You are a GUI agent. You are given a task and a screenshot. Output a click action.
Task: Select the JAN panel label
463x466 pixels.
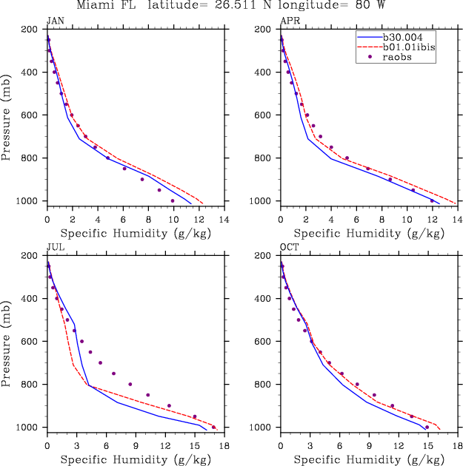coord(55,21)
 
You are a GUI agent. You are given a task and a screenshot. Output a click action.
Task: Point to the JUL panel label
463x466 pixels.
coord(55,248)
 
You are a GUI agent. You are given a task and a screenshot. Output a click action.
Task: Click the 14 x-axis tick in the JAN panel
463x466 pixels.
coord(223,220)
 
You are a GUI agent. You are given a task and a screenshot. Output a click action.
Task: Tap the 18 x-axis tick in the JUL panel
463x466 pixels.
coord(223,446)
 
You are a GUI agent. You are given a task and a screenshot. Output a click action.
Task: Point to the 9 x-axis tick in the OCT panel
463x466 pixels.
coord(368,446)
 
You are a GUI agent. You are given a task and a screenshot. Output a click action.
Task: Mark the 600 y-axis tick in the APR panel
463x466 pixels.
coord(263,115)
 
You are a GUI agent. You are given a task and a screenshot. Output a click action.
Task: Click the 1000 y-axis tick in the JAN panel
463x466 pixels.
coord(27,201)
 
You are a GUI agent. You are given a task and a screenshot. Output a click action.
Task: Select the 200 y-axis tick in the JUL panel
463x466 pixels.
coord(30,256)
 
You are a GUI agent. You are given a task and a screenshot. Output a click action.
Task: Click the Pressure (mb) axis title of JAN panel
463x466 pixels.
coord(7,115)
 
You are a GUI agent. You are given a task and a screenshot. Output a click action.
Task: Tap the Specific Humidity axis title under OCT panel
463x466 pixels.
coord(367,459)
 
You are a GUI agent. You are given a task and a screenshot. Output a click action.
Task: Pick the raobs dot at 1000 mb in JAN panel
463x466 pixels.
coord(173,200)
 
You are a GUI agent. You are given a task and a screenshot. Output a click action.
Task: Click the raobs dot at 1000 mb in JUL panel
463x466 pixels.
coord(214,427)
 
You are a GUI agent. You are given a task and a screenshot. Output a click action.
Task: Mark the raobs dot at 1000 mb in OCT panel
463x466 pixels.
coord(427,427)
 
